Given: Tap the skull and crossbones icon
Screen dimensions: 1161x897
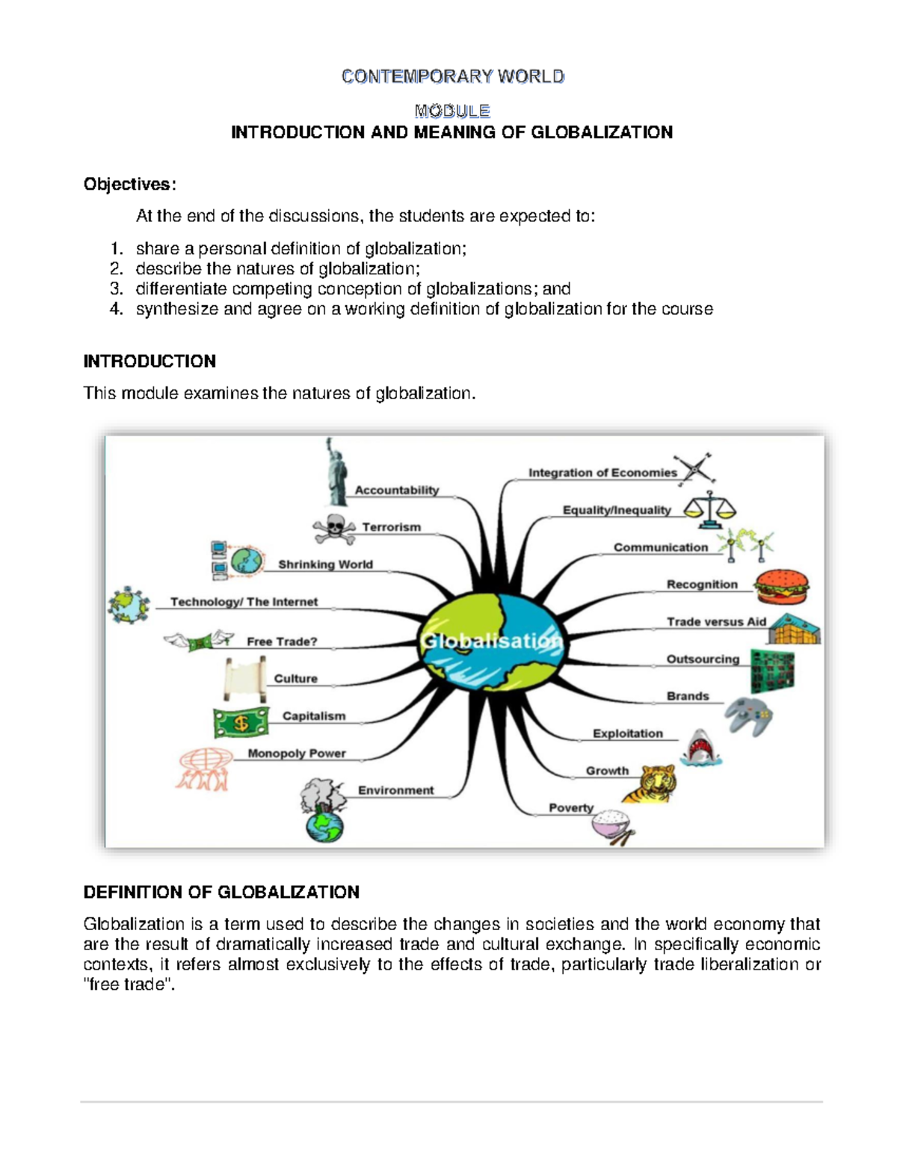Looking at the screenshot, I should click(x=334, y=529).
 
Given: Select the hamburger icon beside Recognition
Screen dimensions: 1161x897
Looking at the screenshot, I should click(x=781, y=587).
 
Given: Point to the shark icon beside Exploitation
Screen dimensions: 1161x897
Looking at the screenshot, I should click(x=699, y=747).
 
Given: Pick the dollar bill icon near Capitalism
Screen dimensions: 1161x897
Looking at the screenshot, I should click(x=241, y=722).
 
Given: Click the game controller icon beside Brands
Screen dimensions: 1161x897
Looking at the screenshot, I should click(x=748, y=715).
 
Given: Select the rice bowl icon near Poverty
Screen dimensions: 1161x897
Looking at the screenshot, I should click(x=612, y=827).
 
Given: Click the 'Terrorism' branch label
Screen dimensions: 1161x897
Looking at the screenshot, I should click(x=392, y=527).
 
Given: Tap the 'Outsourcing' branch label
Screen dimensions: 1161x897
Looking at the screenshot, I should click(x=703, y=659).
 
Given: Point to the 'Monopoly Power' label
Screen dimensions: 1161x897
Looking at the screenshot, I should click(x=297, y=754).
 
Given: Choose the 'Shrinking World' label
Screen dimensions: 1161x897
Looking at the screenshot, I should click(x=325, y=564).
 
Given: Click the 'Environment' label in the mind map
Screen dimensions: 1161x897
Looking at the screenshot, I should click(x=395, y=790).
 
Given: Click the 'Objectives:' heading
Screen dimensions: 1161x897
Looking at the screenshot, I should click(x=130, y=185).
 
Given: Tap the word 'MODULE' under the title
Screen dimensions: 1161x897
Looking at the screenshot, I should click(x=452, y=111).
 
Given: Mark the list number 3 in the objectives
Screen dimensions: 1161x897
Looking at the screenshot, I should click(x=116, y=289).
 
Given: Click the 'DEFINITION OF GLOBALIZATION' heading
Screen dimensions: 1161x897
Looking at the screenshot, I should click(x=221, y=892).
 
